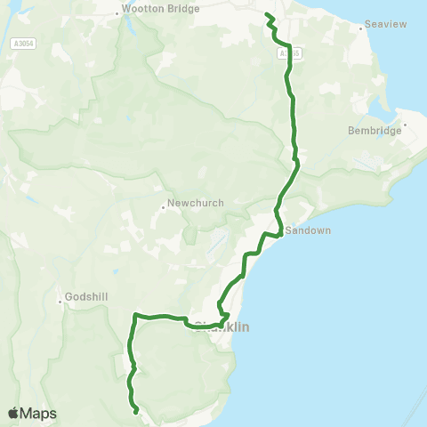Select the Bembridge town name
[x=375, y=131]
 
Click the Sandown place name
[x=307, y=230]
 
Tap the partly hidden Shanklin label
[x=222, y=326]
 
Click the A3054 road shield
[x=25, y=42]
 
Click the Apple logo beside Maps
[x=13, y=413]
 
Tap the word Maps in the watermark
[x=38, y=413]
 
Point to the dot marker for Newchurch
[x=165, y=208]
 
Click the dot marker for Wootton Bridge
[x=120, y=13]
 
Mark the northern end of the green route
[x=267, y=14]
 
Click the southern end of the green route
[x=135, y=412]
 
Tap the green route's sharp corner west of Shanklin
[x=134, y=314]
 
